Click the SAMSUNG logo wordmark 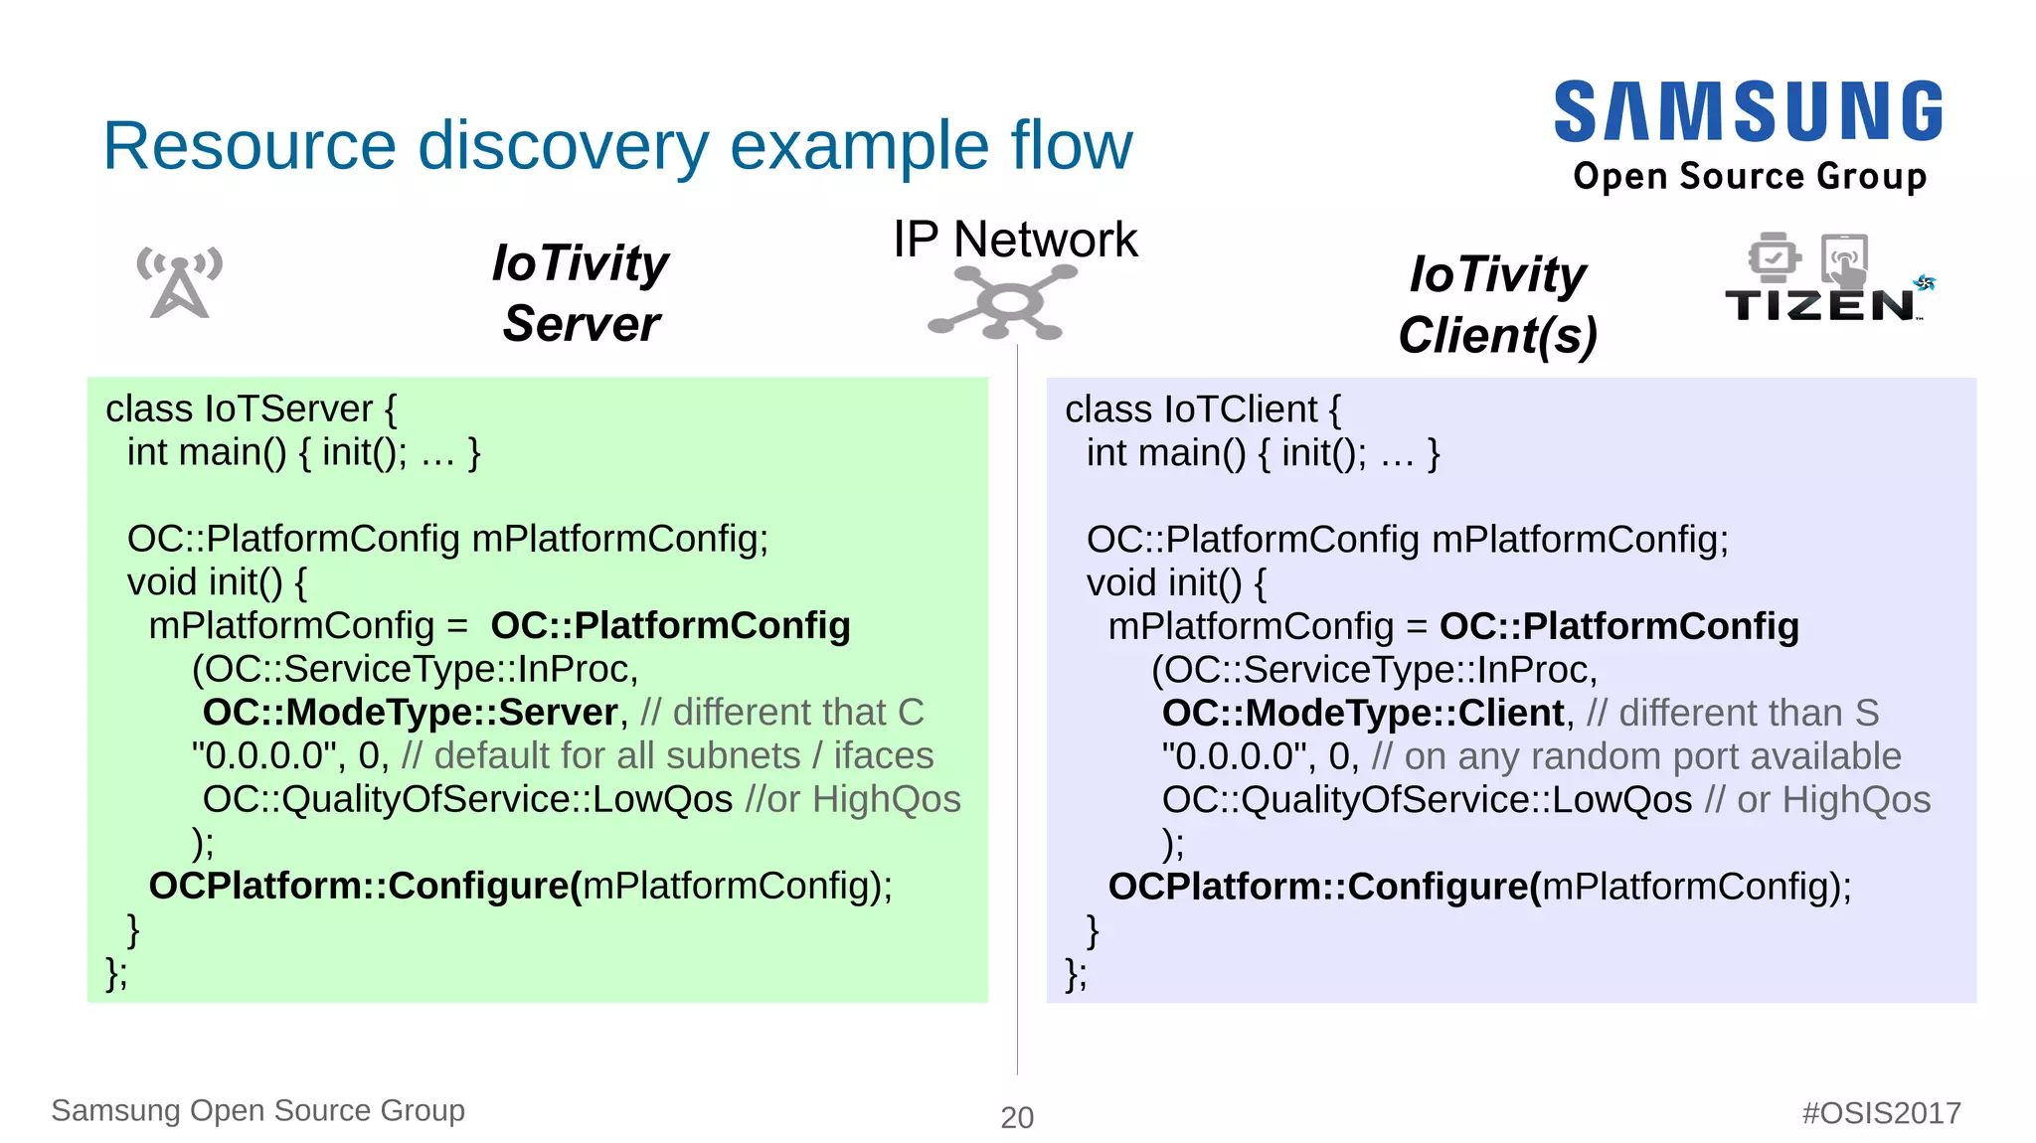coord(1748,111)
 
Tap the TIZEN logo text coord(1820,305)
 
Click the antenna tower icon coord(179,282)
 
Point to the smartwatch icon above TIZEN coord(1774,258)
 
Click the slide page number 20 coord(1017,1117)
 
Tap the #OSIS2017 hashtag coord(1881,1112)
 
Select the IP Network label coord(1014,240)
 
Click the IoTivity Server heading coord(581,293)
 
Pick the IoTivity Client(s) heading coord(1497,304)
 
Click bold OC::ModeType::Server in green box coord(410,713)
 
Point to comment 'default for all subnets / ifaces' coord(667,756)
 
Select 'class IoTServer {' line coord(251,409)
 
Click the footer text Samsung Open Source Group coord(257,1110)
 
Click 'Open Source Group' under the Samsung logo coord(1750,176)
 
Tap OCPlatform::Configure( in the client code coord(1323,887)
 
